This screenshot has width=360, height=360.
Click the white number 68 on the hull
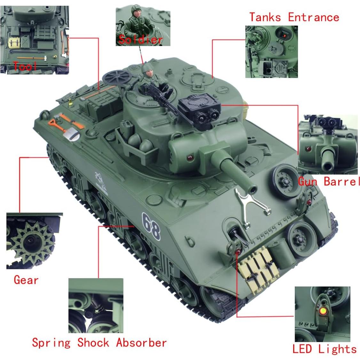tap(151, 226)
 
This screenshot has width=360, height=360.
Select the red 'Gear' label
tap(26, 280)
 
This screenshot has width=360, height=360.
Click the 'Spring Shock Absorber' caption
tap(99, 343)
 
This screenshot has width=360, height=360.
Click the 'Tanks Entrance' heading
tap(294, 17)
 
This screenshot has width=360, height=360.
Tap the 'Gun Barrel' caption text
tap(329, 182)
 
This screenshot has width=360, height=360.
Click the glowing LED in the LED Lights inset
tap(323, 310)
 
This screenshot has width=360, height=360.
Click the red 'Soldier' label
tap(141, 40)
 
